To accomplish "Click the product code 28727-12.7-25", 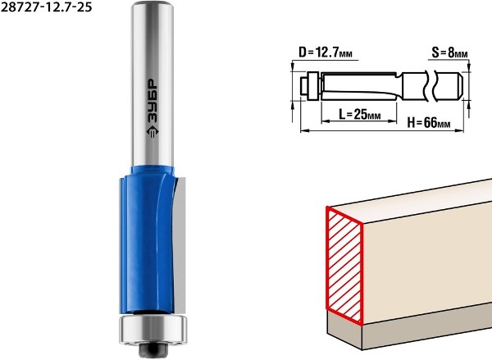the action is coord(46,7).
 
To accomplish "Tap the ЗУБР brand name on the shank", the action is coord(153,101).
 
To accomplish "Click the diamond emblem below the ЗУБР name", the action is coord(153,132).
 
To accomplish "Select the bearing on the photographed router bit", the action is coord(153,330).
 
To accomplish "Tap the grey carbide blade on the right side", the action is coord(180,245).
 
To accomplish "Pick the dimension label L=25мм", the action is coord(360,114).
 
